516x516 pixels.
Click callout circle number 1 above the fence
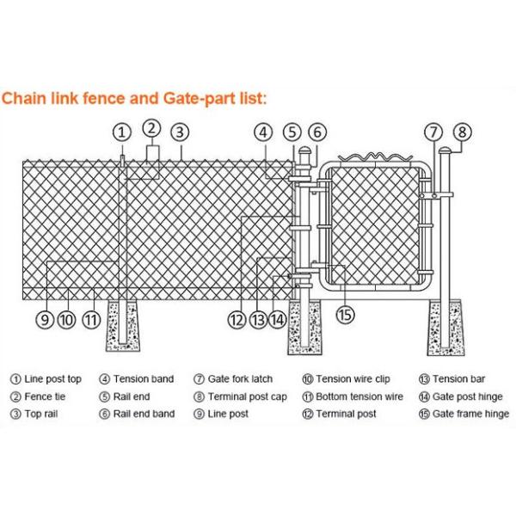(x=123, y=132)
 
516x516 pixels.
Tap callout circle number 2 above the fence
(x=151, y=128)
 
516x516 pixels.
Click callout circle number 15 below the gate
(x=345, y=315)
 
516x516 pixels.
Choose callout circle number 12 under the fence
(x=237, y=320)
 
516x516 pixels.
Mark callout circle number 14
(x=277, y=320)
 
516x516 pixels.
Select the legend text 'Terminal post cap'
(x=247, y=396)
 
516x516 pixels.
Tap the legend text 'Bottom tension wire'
(x=359, y=396)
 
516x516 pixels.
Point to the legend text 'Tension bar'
(x=464, y=379)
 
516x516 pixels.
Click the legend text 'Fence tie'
(x=44, y=396)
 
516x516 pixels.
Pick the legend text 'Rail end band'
(x=144, y=414)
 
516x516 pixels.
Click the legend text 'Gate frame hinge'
(x=470, y=414)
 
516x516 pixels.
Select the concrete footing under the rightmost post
(x=447, y=327)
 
